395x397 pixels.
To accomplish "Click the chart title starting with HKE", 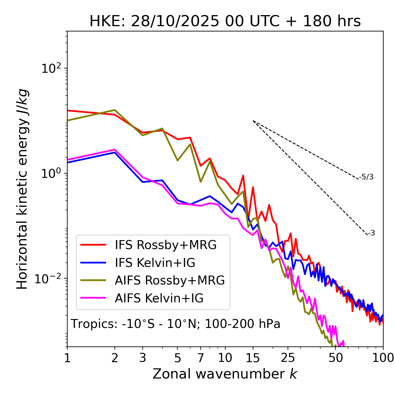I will tap(225, 22).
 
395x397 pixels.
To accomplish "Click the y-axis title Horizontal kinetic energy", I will tap(23, 189).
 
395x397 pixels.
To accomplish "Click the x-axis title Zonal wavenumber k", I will tap(225, 374).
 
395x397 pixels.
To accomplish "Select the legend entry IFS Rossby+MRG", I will tap(165, 245).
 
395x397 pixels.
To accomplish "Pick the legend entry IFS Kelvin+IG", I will tap(155, 263).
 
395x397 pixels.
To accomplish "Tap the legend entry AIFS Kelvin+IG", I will tap(159, 298).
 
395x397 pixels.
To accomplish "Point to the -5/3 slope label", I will tap(366, 177).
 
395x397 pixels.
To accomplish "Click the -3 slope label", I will tap(372, 233).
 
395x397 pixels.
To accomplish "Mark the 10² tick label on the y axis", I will tap(50, 68).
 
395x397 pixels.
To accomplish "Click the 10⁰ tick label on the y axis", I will tap(50, 174).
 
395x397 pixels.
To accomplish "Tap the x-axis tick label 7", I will tap(201, 358).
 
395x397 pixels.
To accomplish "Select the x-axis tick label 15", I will tap(253, 358).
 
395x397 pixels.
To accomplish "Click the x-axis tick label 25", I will tap(288, 358).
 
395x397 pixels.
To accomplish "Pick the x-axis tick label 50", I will tap(336, 358).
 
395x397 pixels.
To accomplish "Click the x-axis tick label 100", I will tap(383, 358).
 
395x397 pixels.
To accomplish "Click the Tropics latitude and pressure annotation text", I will tap(175, 324).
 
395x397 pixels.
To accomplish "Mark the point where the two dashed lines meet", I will tap(253, 121).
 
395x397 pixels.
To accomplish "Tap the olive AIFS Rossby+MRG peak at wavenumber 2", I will tap(115, 110).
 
